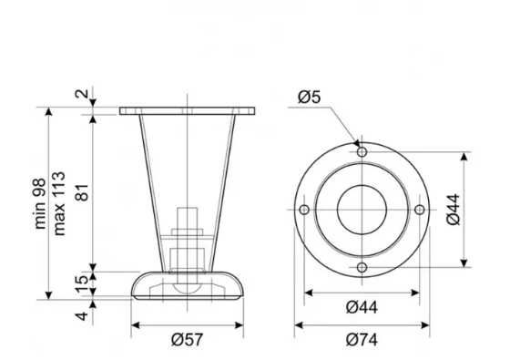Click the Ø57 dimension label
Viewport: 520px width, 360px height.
pyautogui.click(x=187, y=340)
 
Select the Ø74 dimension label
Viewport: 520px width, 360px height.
pyautogui.click(x=362, y=340)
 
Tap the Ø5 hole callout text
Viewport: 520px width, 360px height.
pyautogui.click(x=310, y=97)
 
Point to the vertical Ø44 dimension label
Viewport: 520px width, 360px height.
pyautogui.click(x=454, y=210)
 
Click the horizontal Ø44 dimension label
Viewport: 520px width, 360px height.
pyautogui.click(x=362, y=307)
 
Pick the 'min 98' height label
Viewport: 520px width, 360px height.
pyautogui.click(x=40, y=203)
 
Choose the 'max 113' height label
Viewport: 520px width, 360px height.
pyautogui.click(x=59, y=203)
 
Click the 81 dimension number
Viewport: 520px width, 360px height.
pyautogui.click(x=83, y=192)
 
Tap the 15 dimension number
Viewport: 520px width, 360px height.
pyautogui.click(x=82, y=284)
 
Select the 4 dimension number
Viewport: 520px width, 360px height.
pyautogui.click(x=82, y=316)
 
